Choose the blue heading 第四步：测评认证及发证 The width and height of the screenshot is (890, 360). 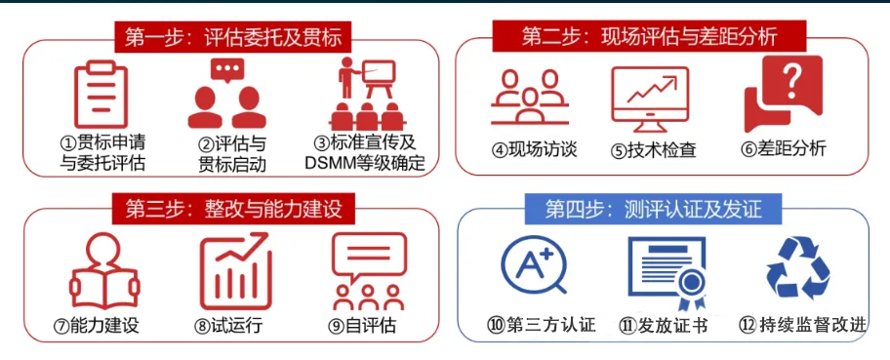click(651, 208)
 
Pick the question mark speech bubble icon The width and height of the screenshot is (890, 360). click(784, 95)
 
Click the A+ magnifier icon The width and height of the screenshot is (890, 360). click(533, 268)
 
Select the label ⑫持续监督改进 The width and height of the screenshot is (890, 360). click(800, 325)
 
